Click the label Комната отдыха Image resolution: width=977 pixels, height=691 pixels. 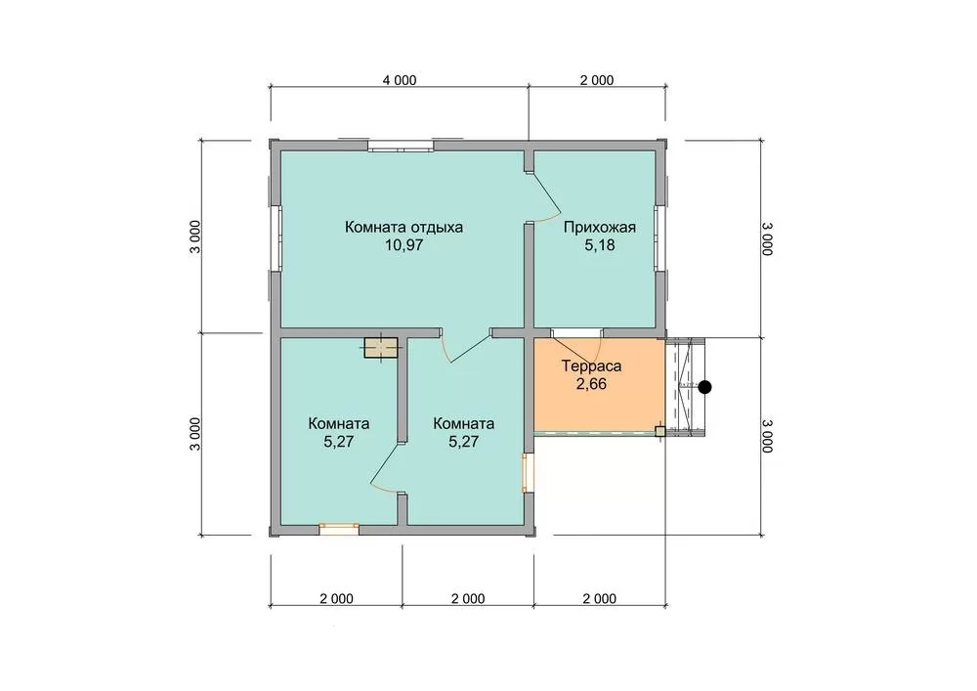[x=404, y=227]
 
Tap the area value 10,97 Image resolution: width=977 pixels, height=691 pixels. [x=404, y=245]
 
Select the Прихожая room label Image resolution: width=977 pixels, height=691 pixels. [x=600, y=227]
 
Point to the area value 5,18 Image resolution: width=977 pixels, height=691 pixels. [x=600, y=245]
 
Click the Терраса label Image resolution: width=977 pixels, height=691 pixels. [x=591, y=366]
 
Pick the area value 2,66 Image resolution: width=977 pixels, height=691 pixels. [x=591, y=384]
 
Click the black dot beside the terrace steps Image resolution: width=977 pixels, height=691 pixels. [x=704, y=387]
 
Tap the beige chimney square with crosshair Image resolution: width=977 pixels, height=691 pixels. [x=381, y=348]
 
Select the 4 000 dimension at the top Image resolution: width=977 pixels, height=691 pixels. [x=400, y=80]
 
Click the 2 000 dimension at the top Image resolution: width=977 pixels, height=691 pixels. [x=597, y=80]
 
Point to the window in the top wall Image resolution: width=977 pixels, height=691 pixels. [x=400, y=147]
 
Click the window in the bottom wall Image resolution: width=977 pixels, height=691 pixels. [x=339, y=529]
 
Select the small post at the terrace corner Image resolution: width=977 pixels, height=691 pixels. [x=659, y=431]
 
